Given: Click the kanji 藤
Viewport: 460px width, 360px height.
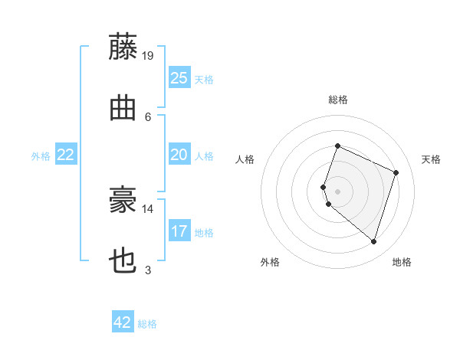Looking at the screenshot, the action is coord(123,46).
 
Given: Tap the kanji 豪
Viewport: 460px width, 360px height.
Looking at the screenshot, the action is coord(123,199).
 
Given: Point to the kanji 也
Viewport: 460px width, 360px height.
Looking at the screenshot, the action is coord(123,260).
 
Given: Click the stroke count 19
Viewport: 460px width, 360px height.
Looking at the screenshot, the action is coord(147,56).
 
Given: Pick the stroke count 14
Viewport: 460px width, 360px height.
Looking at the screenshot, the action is coord(147,209).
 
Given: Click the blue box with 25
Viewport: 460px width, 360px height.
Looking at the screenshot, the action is coord(179,77).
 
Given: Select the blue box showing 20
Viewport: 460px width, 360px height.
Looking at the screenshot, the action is coord(179,154).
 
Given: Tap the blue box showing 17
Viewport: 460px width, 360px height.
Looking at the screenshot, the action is coord(179,230).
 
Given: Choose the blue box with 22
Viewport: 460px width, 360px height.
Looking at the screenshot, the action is coord(66,154).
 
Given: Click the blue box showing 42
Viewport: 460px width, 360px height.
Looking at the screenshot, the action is coord(123,321).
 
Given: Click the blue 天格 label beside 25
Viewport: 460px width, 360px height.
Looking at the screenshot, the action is coord(204,80).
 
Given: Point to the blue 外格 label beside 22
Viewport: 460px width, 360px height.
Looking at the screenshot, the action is coord(41,156).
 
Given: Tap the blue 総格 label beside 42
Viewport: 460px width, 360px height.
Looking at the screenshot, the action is coord(147,324).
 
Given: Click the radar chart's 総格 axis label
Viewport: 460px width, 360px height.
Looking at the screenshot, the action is coord(338,100).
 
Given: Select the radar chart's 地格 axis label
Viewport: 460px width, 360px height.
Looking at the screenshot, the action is coord(402,262).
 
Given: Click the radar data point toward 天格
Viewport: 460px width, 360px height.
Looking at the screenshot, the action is coord(396,172).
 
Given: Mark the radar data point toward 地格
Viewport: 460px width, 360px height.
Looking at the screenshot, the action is coord(374,242).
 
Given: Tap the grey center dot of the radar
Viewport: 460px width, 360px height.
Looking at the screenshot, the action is coord(337,191).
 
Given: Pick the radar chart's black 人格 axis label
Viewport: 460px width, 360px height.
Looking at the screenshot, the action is coord(245,159).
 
